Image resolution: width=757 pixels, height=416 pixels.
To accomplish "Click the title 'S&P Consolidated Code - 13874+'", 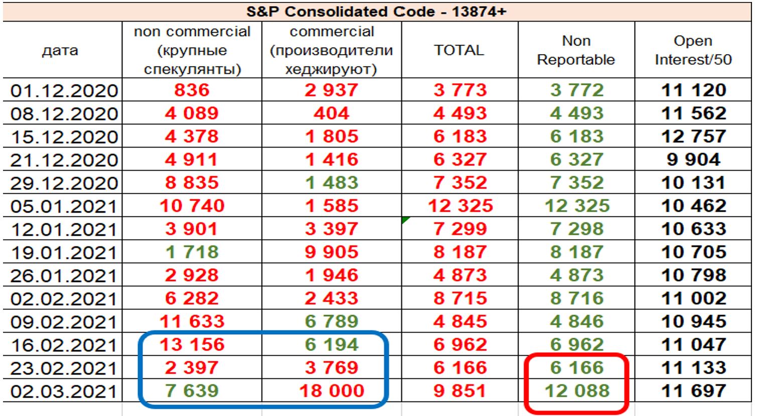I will coord(376,11).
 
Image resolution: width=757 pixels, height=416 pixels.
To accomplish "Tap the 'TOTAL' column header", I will coord(459,50).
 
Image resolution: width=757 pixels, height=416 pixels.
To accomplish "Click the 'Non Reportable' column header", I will coord(576,50).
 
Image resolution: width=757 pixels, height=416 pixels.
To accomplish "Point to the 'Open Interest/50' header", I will coord(693,50).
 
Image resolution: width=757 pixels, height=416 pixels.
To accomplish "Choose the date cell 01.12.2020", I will coord(64,91).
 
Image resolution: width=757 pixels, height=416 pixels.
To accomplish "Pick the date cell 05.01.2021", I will coord(64,206).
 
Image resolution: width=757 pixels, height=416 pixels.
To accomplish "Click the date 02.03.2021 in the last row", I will coord(64,391).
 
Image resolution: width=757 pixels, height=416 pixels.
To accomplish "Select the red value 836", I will coord(192,90).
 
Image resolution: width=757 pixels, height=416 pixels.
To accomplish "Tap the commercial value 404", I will coord(331,113).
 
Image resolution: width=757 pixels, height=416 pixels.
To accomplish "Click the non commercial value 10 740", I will coord(192,206).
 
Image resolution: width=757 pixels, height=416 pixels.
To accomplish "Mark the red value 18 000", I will coord(331,391).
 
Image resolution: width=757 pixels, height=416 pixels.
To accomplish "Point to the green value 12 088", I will coord(576,391).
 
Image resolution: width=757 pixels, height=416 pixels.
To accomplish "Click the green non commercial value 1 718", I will coord(192,252).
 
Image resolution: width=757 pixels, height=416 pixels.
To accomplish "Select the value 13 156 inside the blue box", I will coord(192,345).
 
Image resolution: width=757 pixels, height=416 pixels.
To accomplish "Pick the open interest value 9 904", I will coord(693,160).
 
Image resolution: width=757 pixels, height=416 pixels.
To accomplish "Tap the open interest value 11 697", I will coord(693,391).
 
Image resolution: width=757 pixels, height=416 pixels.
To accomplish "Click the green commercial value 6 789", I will coord(331,322).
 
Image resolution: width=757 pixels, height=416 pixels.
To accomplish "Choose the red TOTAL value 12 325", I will coord(460,206).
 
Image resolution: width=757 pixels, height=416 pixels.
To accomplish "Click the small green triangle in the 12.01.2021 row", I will coord(406,220).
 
